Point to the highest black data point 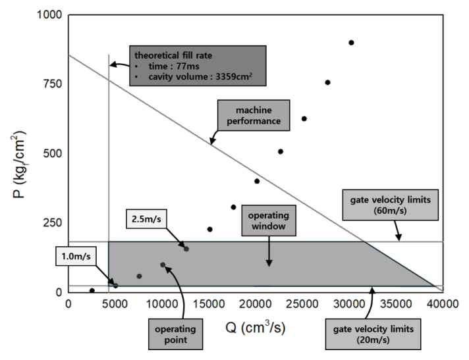(351, 43)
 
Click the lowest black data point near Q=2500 (92, 290)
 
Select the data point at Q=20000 (257, 181)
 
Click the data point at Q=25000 (304, 119)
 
